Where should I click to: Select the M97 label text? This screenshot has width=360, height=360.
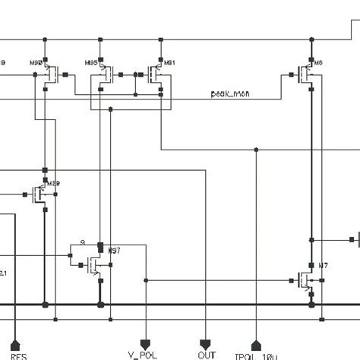pyautogui.click(x=114, y=250)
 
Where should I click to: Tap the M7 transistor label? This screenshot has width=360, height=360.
pyautogui.click(x=324, y=265)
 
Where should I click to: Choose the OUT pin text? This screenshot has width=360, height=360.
pyautogui.click(x=207, y=354)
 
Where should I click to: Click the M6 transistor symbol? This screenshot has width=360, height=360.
pyautogui.click(x=307, y=74)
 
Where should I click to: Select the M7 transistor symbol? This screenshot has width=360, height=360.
pyautogui.click(x=307, y=280)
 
